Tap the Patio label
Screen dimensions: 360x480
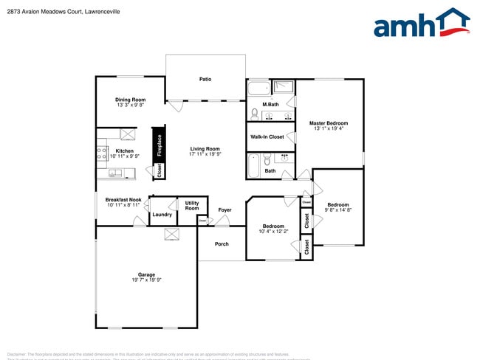205,79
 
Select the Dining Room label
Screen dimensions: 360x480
130,100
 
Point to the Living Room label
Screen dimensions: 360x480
205,149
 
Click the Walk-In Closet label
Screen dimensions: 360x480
267,136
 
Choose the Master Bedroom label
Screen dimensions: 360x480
328,123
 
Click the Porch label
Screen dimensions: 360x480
222,244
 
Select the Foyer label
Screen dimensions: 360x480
224,210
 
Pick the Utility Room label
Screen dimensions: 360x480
192,206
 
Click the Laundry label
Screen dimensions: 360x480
162,215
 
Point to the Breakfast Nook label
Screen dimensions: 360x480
123,200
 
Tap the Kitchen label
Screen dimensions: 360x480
124,151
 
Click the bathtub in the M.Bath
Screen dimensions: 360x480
258,90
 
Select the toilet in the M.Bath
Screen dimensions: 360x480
254,114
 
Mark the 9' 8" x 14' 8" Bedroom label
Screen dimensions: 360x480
338,204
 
